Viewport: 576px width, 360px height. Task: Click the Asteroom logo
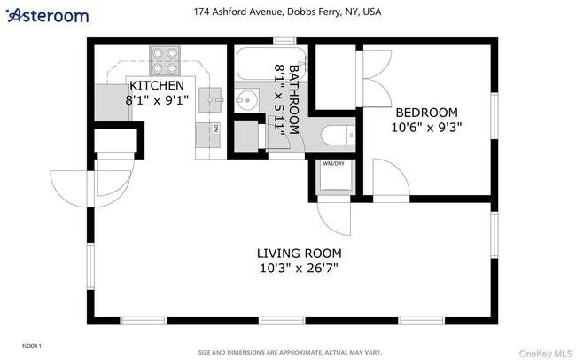(x=48, y=15)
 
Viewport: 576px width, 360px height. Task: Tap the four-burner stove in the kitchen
(x=163, y=59)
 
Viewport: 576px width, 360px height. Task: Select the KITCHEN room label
(x=157, y=86)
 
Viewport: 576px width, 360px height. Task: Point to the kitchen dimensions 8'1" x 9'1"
(x=157, y=100)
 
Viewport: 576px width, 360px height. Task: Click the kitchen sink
(x=210, y=98)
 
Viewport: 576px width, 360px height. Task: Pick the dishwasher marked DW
(x=214, y=129)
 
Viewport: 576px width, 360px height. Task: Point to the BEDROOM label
(x=426, y=113)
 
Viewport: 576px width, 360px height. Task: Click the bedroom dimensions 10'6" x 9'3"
(x=426, y=127)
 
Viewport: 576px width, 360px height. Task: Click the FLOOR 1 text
(x=31, y=345)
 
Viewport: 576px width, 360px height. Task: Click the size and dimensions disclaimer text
(x=290, y=352)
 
